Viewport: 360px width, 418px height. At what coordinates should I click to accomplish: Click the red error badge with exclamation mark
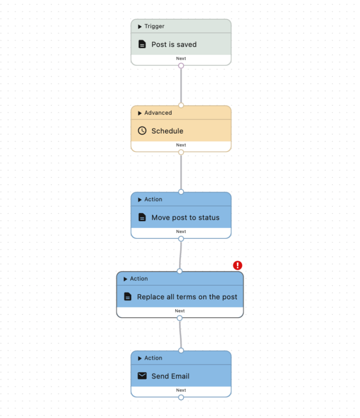238,265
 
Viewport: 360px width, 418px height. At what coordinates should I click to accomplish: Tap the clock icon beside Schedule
142,131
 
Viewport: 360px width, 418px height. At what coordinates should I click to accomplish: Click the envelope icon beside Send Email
142,376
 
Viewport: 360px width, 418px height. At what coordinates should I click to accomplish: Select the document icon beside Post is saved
142,44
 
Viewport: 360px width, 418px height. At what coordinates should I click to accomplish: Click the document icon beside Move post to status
142,217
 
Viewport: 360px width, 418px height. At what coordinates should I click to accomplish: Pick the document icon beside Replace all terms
128,296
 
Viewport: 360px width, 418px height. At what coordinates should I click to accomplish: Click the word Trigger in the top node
154,26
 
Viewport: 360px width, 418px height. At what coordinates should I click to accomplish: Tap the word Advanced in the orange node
158,113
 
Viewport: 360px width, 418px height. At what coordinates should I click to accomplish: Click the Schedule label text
167,131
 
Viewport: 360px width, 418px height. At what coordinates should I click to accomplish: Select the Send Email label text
171,376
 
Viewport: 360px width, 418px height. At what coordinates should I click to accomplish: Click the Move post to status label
185,218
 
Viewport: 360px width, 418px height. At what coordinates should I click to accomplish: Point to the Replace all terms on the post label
187,297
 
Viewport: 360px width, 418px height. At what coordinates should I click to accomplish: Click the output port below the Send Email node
181,398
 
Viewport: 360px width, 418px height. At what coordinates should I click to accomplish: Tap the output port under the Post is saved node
181,66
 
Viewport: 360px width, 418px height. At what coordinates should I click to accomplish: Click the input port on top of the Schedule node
181,105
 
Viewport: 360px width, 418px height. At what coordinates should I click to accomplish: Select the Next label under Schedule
181,145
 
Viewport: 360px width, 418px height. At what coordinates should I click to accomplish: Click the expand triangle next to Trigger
140,27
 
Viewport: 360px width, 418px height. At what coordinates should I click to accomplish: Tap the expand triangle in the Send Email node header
140,358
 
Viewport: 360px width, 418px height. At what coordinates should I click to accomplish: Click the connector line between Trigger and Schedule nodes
181,86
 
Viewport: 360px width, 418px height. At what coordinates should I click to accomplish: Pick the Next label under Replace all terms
180,311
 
